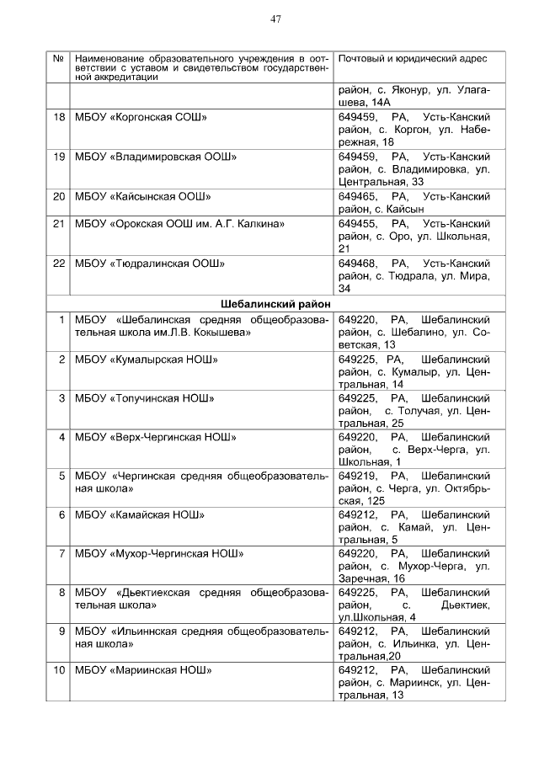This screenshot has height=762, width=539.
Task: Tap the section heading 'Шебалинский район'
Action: pyautogui.click(x=275, y=304)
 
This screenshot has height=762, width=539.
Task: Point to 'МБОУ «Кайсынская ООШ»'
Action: pyautogui.click(x=142, y=196)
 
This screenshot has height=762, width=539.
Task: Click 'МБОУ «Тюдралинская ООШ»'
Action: pyautogui.click(x=150, y=264)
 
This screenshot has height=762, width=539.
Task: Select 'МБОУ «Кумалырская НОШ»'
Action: pyautogui.click(x=147, y=360)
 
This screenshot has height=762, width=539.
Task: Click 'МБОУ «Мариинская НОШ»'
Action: pyautogui.click(x=142, y=670)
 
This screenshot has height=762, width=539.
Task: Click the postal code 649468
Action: pyautogui.click(x=357, y=264)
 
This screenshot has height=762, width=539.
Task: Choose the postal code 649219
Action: pyautogui.click(x=357, y=476)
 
